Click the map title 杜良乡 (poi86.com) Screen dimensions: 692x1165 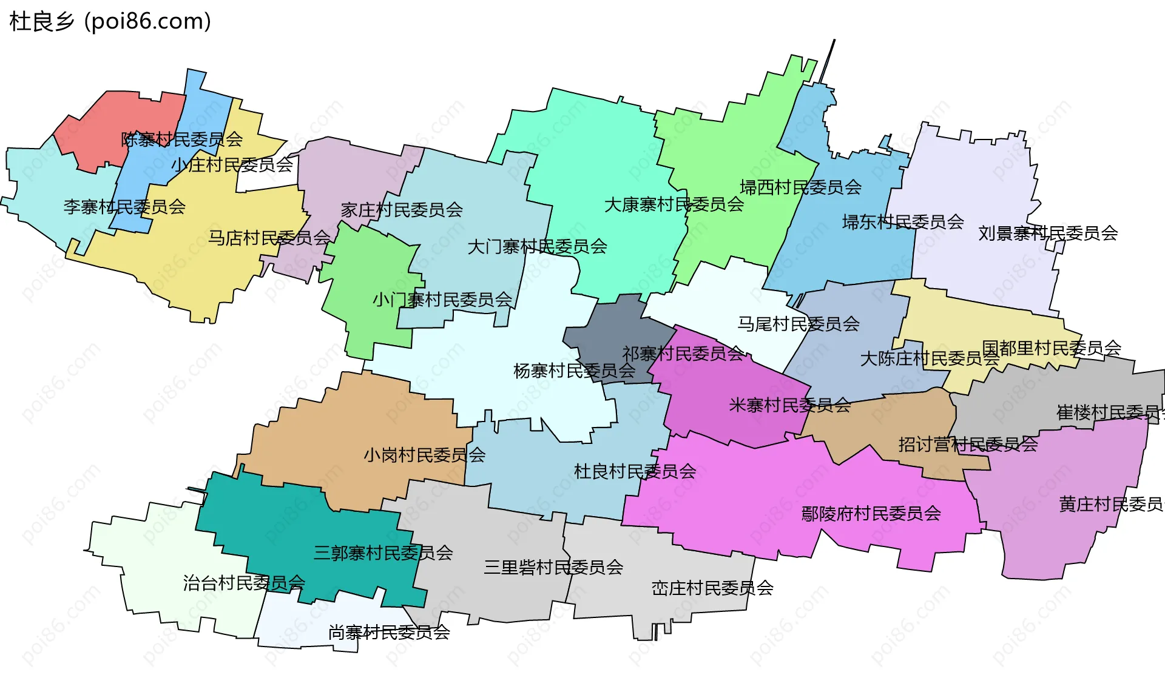tap(110, 22)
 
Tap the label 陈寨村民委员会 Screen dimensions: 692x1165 tap(181, 139)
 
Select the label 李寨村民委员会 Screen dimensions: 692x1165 tap(124, 207)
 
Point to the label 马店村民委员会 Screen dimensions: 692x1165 tap(269, 238)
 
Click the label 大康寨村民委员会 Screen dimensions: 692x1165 tap(674, 204)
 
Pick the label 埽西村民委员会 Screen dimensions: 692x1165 tap(800, 187)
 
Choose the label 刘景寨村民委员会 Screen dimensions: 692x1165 tap(1048, 233)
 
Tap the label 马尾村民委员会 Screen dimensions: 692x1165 tap(798, 324)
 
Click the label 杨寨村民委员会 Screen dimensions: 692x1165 tap(574, 371)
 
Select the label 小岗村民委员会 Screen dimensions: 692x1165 tap(424, 455)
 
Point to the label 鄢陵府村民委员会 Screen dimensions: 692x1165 tap(871, 514)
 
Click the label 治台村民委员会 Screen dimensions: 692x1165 tap(244, 583)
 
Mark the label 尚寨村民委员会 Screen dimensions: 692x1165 tap(389, 633)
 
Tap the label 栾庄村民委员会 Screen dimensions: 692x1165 tap(712, 588)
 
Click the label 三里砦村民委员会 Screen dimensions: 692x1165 tap(553, 567)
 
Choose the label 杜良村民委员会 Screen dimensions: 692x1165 tap(635, 471)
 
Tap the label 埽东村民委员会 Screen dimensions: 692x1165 tap(903, 222)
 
